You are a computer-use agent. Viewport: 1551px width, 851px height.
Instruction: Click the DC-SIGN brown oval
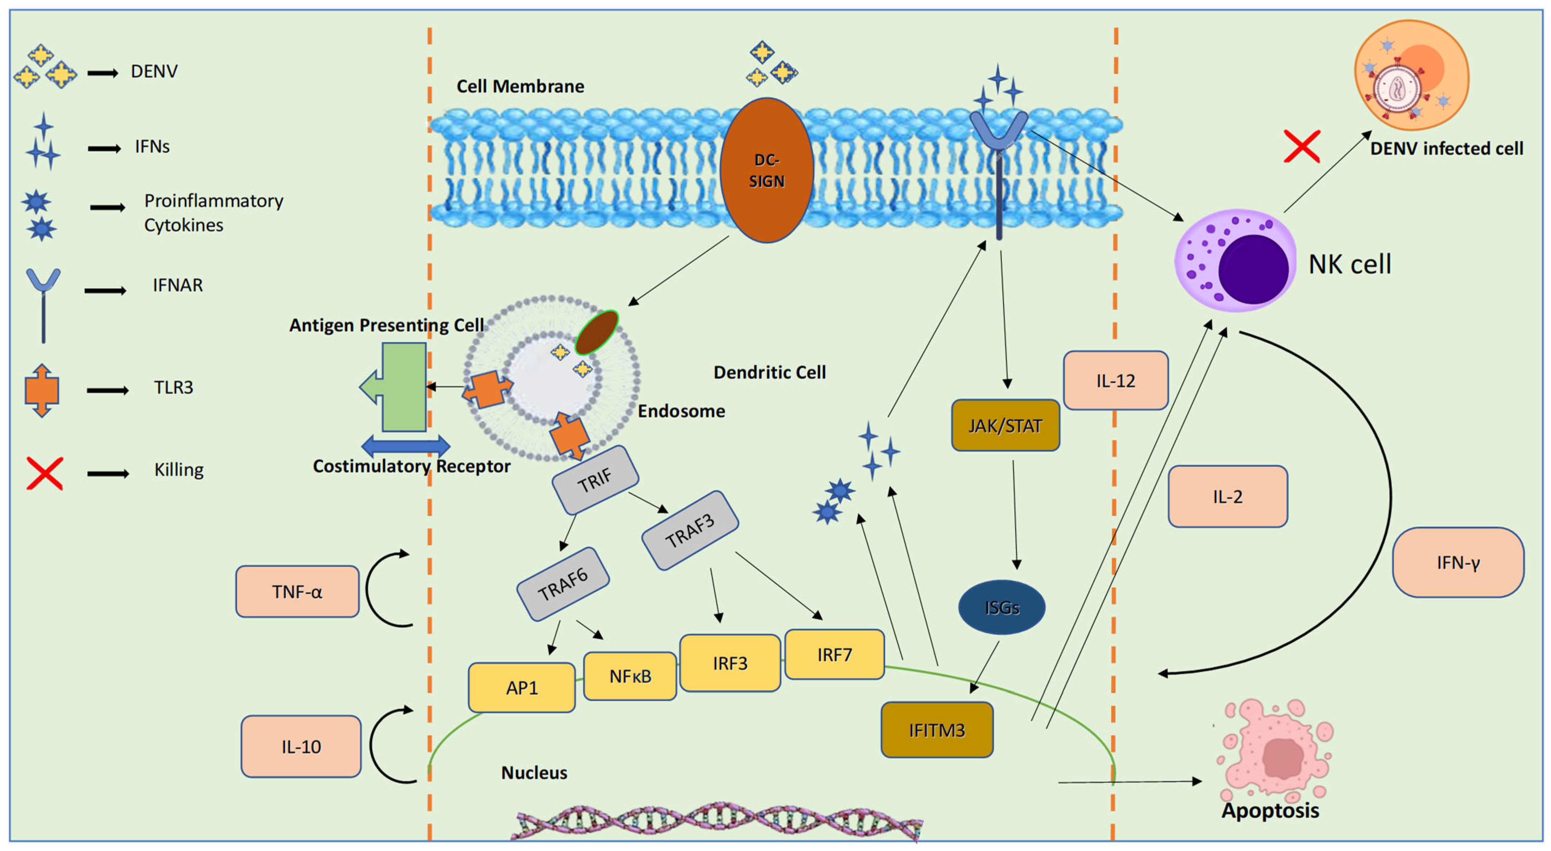point(766,170)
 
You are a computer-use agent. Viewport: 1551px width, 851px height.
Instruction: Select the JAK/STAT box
point(1005,425)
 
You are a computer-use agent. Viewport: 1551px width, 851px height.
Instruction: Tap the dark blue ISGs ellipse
point(1001,607)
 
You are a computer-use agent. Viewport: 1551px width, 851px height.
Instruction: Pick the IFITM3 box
point(936,730)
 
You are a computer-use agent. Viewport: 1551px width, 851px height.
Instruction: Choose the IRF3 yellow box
point(730,663)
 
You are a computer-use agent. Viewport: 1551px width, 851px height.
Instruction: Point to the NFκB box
point(630,676)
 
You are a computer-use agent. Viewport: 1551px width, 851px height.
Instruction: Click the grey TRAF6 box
point(563,583)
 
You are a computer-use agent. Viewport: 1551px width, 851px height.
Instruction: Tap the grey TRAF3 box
point(690,530)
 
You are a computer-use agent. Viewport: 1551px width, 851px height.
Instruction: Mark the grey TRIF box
point(595,480)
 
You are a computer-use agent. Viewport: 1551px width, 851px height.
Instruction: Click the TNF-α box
point(298,591)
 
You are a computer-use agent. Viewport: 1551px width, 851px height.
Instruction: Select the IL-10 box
point(301,746)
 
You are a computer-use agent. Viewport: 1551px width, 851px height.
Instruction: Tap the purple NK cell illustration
point(1236,261)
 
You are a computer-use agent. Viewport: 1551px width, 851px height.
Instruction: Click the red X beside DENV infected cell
point(1302,146)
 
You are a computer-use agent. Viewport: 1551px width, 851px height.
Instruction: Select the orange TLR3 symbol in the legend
point(41,390)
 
